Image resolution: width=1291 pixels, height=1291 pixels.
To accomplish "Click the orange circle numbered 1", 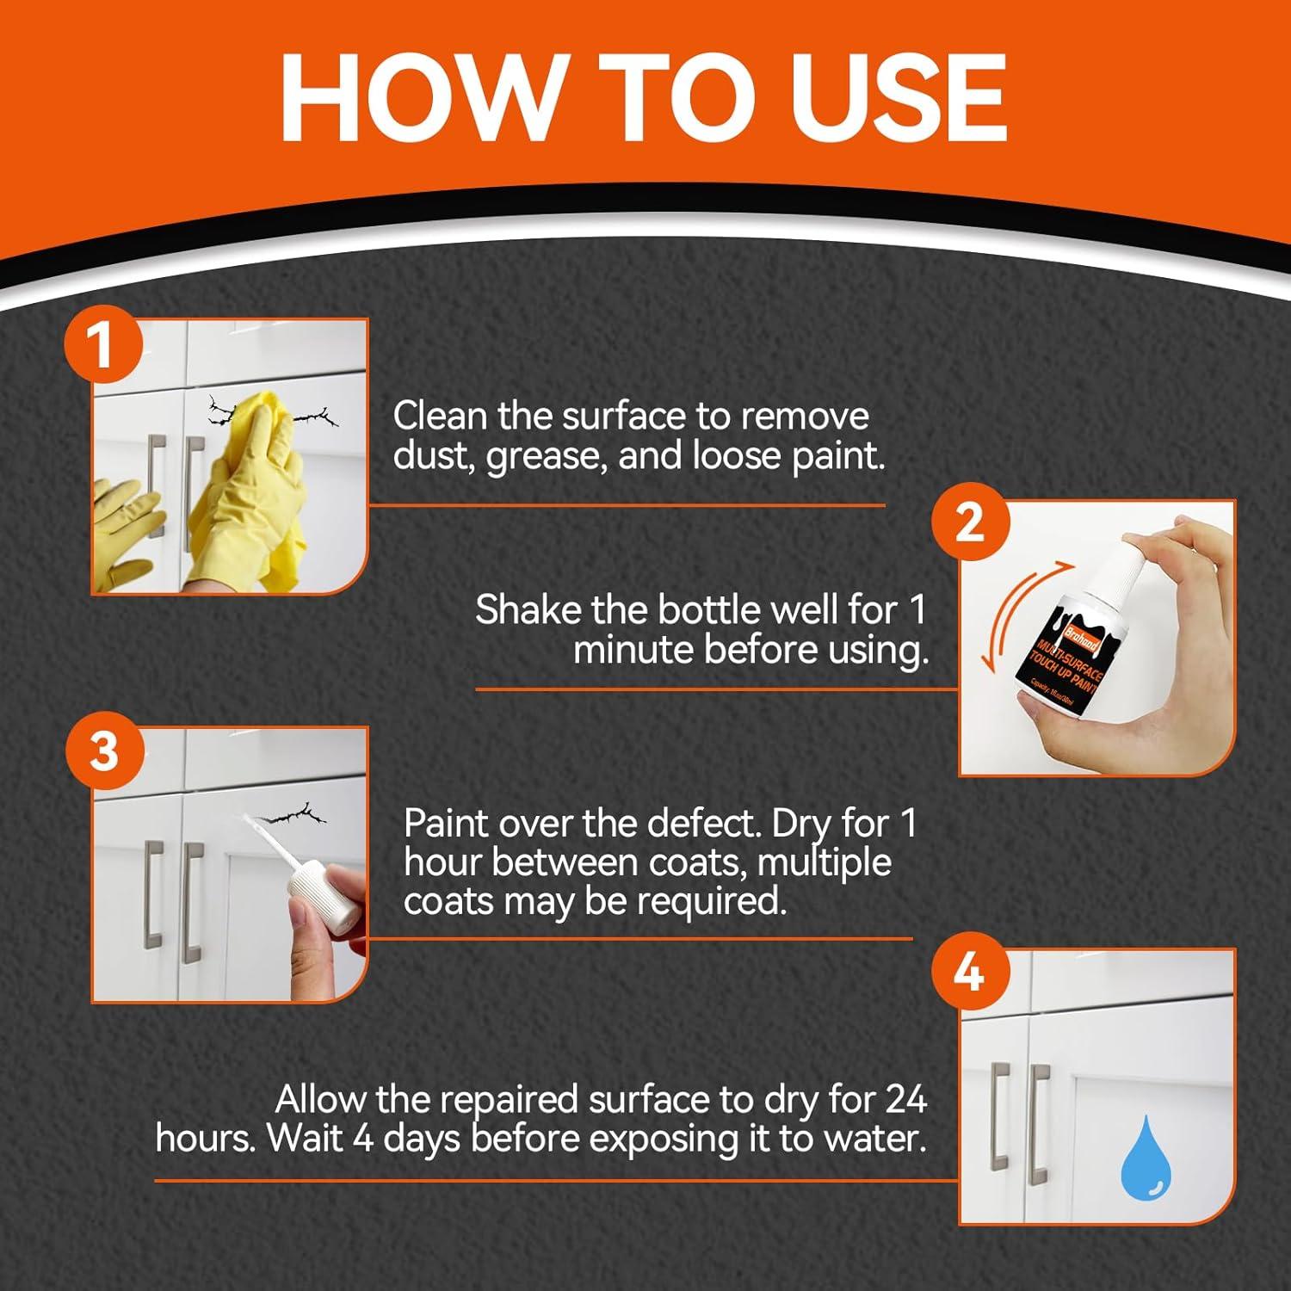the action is [103, 344].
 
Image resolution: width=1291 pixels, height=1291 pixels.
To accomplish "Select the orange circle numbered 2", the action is [970, 522].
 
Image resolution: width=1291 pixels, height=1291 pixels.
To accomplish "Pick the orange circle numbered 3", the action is [103, 751].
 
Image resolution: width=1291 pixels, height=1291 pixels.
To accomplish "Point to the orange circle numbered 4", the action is [970, 973].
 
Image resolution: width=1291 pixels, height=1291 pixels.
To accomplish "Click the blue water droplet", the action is [1145, 1158].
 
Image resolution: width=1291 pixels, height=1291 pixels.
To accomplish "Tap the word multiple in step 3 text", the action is [825, 863].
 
